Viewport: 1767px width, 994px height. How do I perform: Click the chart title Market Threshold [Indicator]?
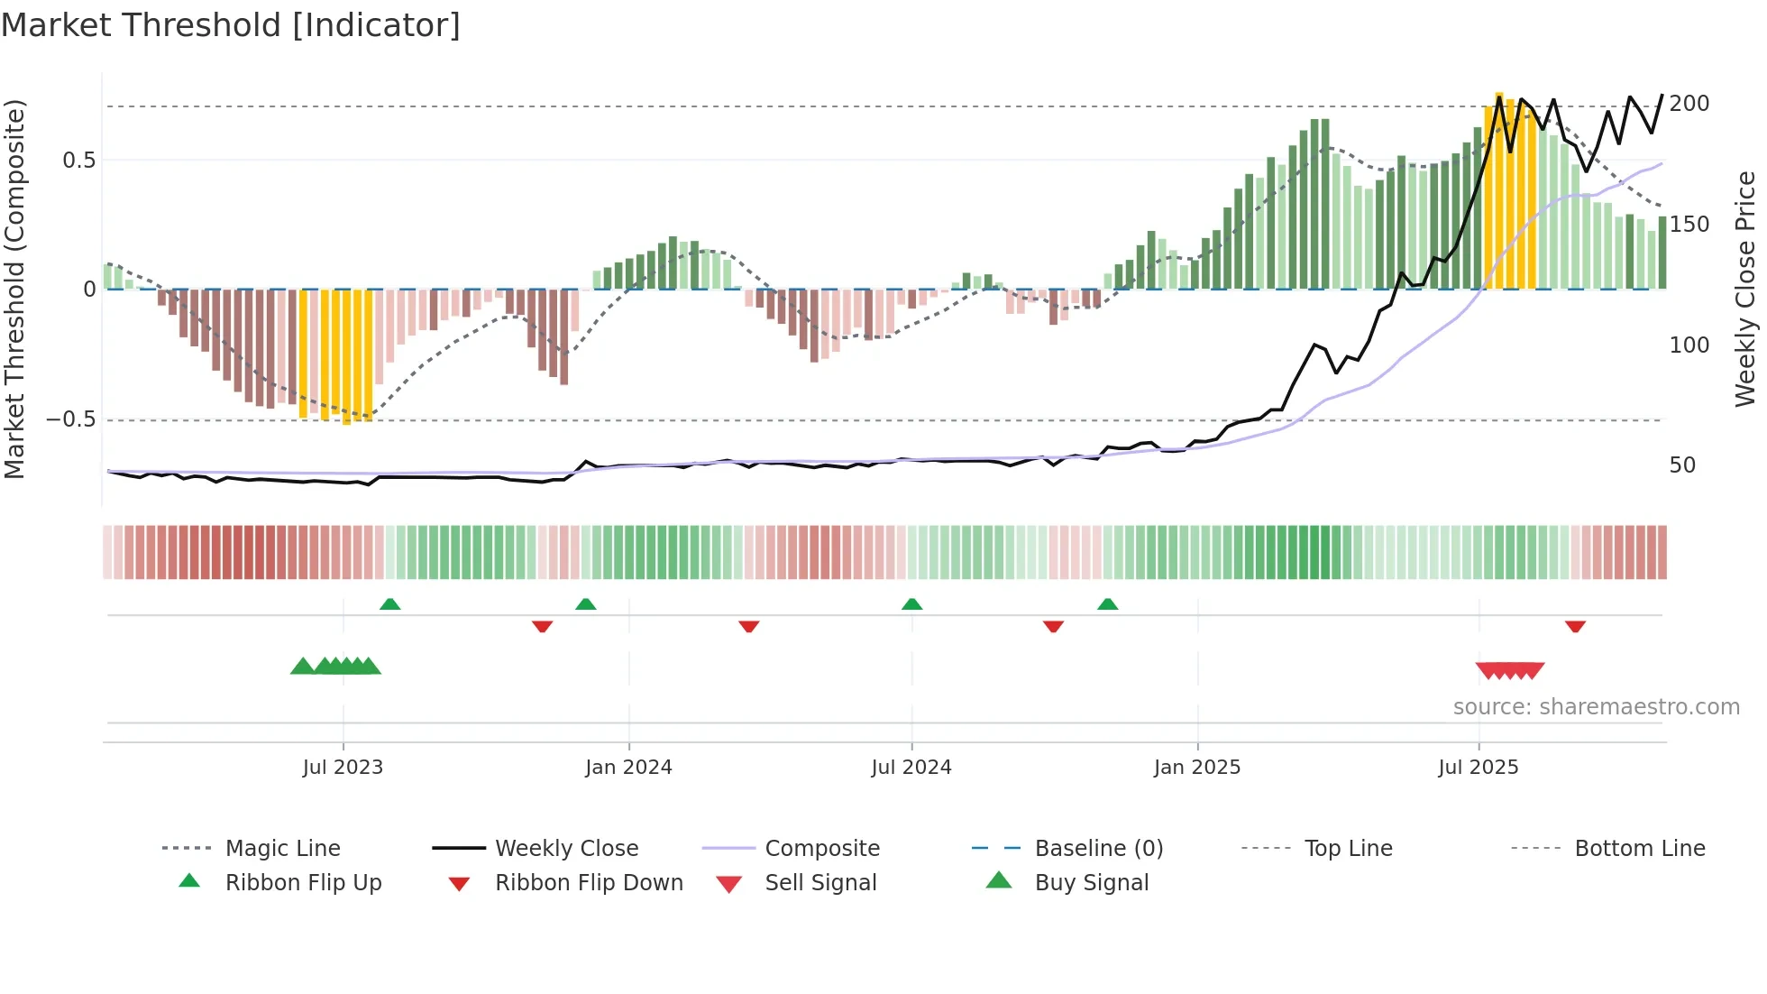(231, 25)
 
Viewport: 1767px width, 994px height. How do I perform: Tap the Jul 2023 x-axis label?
(343, 767)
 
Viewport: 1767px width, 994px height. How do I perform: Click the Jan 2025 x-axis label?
(1197, 767)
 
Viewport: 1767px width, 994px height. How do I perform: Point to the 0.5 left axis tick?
(79, 161)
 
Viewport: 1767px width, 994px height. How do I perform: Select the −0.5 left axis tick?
(71, 419)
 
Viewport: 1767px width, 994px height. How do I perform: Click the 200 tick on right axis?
(1689, 104)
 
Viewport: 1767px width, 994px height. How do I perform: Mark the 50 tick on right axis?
(1682, 465)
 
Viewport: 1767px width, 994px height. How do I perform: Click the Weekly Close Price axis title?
(1745, 289)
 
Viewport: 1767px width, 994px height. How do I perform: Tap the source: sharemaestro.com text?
(1596, 707)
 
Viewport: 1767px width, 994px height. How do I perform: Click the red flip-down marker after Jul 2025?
(1575, 626)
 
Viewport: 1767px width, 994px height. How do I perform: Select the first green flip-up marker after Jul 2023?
(390, 604)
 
